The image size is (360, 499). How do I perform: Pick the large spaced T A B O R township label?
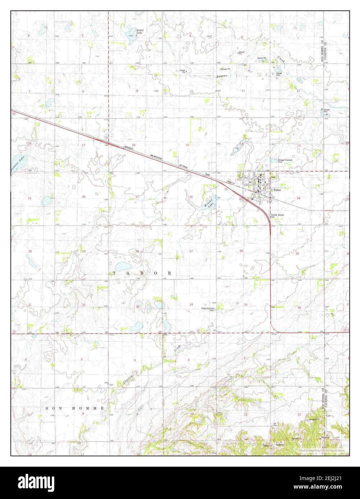point(142,273)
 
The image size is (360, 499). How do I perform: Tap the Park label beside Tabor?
point(274,177)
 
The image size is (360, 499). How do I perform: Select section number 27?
point(191,251)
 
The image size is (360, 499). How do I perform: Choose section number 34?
point(191,304)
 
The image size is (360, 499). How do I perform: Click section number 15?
point(187,145)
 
